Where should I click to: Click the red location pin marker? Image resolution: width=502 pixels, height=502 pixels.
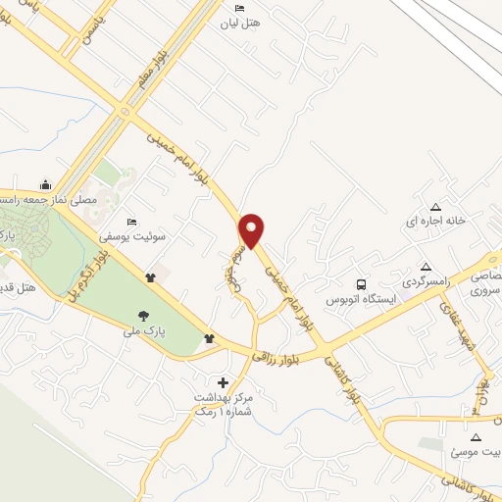pyautogui.click(x=252, y=228)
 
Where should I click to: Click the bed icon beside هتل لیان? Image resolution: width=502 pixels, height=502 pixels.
pyautogui.click(x=241, y=8)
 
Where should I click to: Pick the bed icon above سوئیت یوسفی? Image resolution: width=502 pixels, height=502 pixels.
pyautogui.click(x=132, y=221)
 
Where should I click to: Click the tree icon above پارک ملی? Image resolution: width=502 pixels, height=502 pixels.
pyautogui.click(x=144, y=316)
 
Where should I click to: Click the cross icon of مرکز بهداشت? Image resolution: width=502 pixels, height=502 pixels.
pyautogui.click(x=223, y=381)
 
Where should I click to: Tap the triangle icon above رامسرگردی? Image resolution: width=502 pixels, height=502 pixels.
pyautogui.click(x=426, y=266)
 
